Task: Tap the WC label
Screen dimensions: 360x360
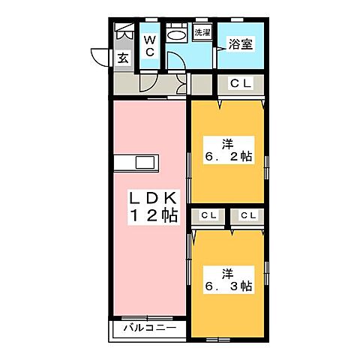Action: click(x=149, y=45)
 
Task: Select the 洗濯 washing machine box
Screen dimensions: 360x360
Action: click(x=202, y=33)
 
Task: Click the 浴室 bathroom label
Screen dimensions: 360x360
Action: click(x=241, y=44)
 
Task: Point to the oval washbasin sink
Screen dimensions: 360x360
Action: click(x=177, y=34)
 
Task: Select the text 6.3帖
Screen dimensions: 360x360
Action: click(x=228, y=286)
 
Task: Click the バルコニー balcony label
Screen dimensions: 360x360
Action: click(x=149, y=328)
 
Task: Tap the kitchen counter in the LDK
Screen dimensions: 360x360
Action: click(x=136, y=163)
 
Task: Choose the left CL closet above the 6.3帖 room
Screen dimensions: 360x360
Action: click(x=208, y=216)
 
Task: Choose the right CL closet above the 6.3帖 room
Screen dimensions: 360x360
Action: click(x=248, y=216)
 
